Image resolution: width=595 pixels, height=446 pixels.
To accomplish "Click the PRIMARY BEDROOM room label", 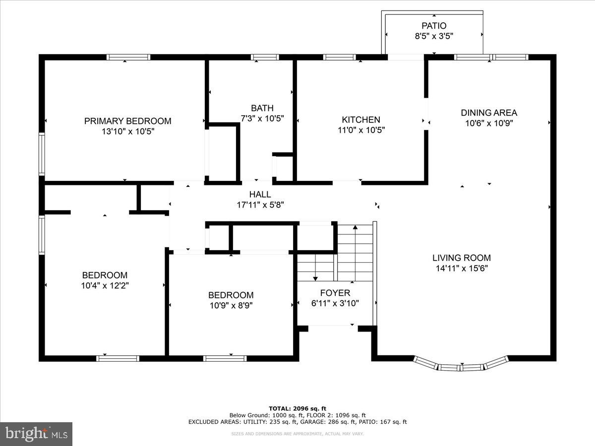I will (127, 121).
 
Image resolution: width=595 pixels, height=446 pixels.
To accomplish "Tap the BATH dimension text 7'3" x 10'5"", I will (262, 118).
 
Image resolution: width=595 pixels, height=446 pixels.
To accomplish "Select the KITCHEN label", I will (360, 119).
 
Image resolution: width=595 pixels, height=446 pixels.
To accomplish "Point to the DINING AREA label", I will (489, 112).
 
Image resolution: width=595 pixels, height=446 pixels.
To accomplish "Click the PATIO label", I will (434, 26).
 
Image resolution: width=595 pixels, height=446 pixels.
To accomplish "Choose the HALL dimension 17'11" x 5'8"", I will (260, 205).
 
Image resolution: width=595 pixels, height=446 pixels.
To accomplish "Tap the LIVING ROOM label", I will (461, 258).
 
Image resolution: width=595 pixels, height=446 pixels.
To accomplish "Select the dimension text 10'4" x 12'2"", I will (105, 285).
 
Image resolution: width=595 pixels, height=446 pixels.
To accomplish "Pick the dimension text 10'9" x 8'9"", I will (231, 306).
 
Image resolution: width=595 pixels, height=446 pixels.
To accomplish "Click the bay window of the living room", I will (461, 366).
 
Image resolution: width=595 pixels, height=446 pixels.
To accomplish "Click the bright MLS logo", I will (36, 434).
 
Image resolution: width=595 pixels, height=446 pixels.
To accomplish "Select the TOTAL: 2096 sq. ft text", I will (297, 408).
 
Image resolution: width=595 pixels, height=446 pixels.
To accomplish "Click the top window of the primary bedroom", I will (128, 57).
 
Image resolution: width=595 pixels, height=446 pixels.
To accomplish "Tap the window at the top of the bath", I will (265, 57).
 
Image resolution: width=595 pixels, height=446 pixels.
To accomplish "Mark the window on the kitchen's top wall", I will (339, 57).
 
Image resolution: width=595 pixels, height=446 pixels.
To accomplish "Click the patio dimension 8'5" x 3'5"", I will (434, 36).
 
